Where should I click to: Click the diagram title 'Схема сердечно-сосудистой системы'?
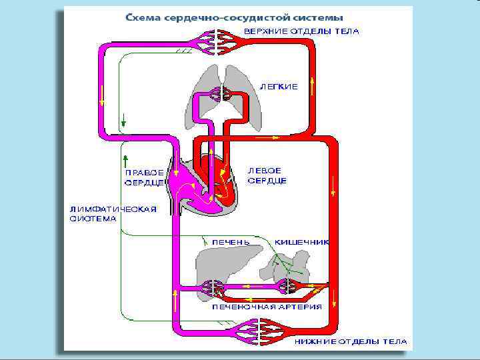235,16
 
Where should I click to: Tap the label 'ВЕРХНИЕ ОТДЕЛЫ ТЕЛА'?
301,31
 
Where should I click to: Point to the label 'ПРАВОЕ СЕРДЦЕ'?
143,177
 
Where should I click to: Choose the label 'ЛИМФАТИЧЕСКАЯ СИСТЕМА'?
113,213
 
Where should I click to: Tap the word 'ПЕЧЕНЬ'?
231,242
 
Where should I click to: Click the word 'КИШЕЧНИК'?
302,242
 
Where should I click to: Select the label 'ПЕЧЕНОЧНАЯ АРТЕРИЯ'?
267,307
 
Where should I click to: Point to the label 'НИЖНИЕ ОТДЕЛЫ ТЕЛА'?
351,341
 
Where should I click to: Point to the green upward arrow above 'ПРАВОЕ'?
125,159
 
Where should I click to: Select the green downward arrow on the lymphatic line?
124,119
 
